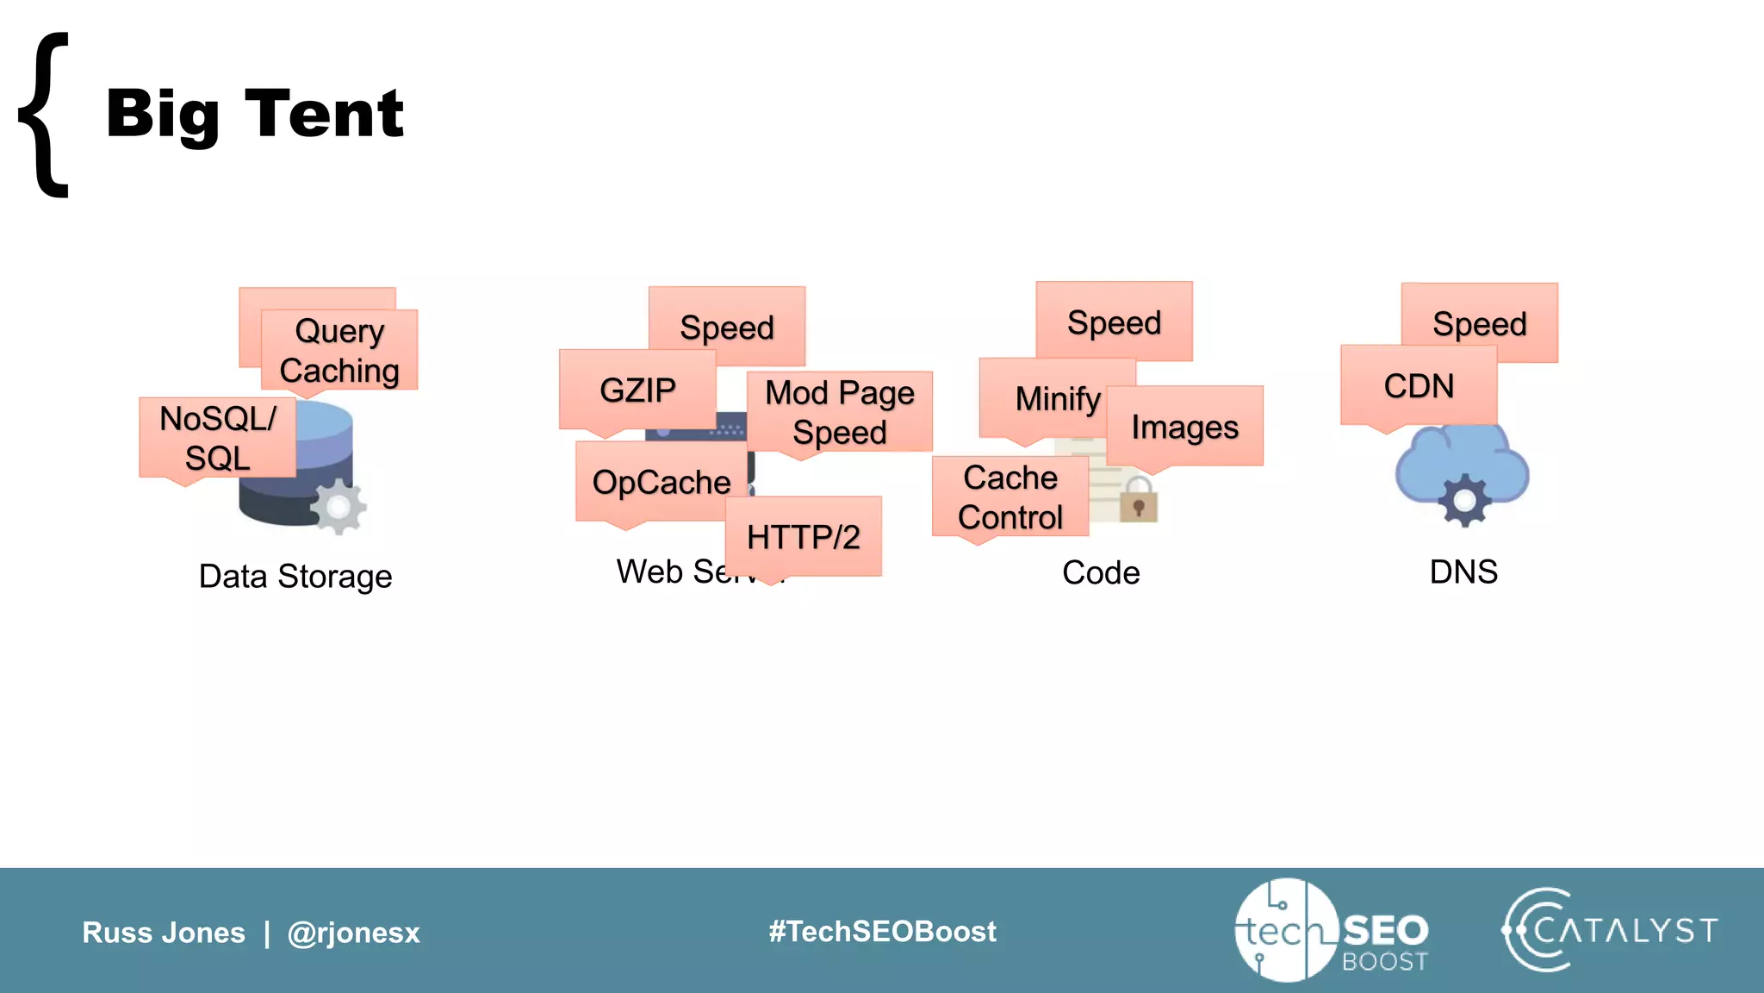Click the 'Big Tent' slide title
click(x=254, y=114)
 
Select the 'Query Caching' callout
click(x=339, y=350)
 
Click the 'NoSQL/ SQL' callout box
click(x=217, y=438)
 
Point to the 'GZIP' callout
click(x=637, y=390)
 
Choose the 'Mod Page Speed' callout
click(x=840, y=412)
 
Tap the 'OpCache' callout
click(x=661, y=482)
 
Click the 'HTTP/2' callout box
click(x=803, y=536)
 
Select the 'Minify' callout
click(x=1058, y=398)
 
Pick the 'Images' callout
click(x=1184, y=427)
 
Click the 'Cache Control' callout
click(x=1010, y=496)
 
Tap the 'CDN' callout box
click(x=1419, y=385)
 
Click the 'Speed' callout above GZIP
click(x=727, y=327)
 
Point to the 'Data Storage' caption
click(x=295, y=576)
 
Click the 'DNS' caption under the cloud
click(x=1463, y=571)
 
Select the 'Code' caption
click(x=1101, y=572)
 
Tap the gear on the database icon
click(x=339, y=507)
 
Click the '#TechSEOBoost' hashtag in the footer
click(x=882, y=931)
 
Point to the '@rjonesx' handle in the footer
click(x=353, y=933)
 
